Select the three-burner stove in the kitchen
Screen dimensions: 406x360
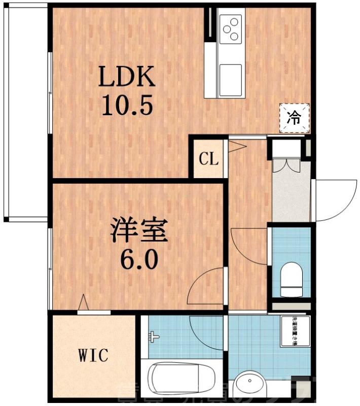[231, 28]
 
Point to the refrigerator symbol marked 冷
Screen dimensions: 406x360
[294, 118]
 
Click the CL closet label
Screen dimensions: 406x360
[208, 159]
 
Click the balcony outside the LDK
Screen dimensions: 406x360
[25, 112]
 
